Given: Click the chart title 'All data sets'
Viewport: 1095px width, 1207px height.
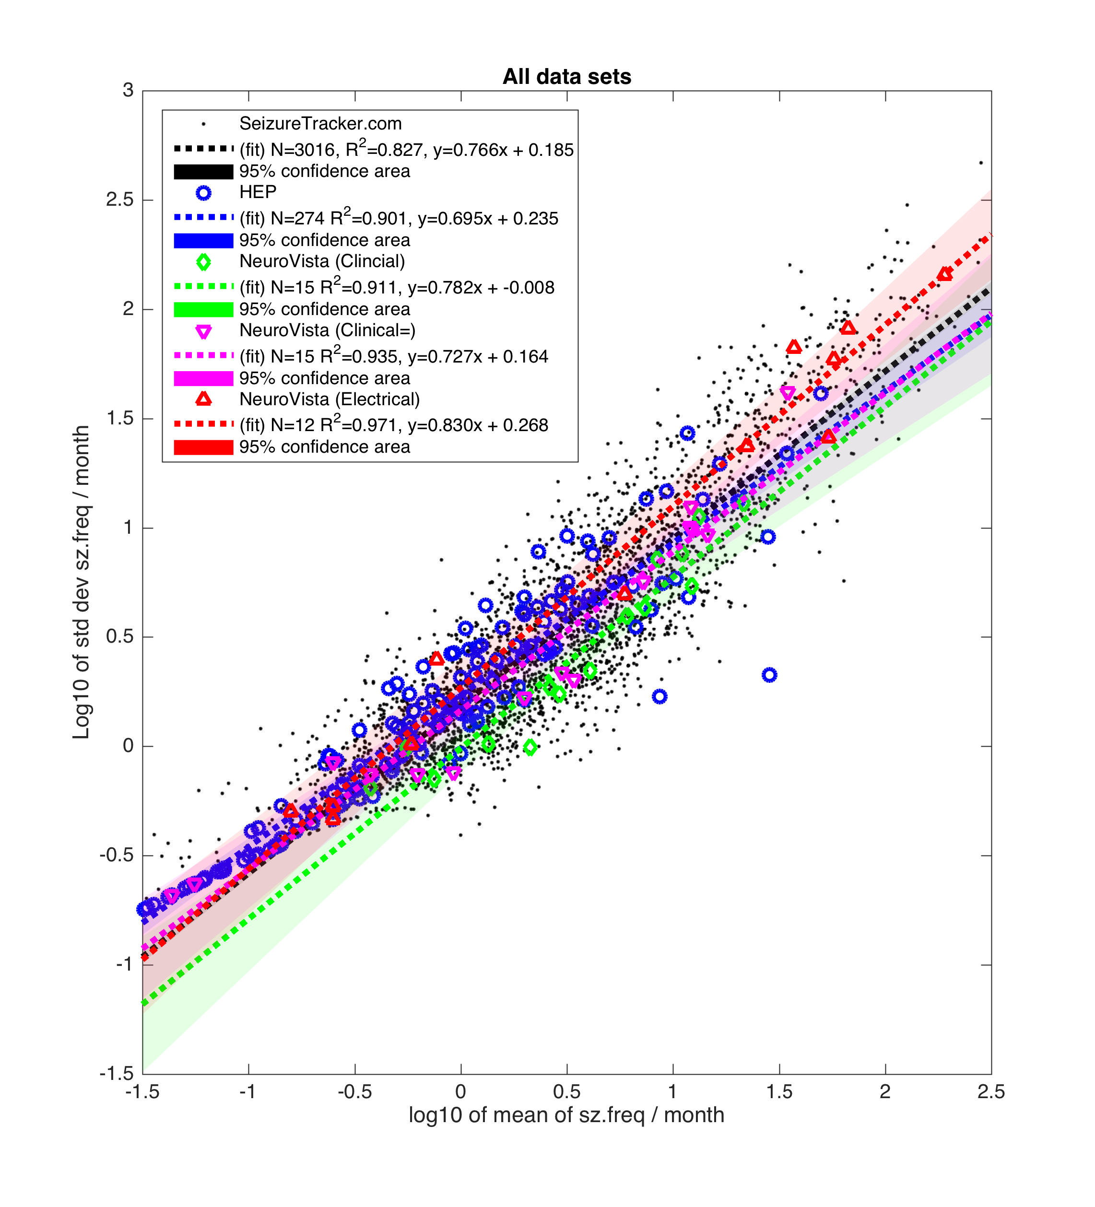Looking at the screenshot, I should point(566,77).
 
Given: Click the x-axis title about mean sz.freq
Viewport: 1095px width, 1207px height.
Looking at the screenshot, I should point(566,1115).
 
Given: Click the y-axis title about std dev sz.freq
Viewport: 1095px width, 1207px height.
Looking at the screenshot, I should point(81,582).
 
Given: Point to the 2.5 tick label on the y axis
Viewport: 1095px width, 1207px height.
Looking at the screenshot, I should point(120,199).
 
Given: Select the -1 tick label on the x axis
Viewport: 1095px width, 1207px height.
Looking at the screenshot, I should point(247,1091).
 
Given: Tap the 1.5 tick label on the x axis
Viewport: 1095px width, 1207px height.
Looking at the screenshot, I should point(779,1091).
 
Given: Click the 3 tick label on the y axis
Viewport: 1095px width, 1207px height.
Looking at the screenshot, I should point(128,91).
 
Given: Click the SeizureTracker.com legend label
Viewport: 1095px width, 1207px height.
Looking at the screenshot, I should point(320,124).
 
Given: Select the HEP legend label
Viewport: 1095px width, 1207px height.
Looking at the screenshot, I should point(258,192).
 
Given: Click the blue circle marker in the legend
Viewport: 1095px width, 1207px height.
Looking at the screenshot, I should point(203,193).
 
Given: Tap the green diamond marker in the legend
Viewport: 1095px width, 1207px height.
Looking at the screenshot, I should point(203,262).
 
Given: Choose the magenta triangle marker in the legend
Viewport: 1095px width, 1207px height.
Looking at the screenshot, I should point(203,332).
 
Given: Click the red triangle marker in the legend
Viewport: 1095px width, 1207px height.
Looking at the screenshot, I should point(203,399).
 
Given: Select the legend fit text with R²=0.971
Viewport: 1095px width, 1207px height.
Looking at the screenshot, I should point(394,425).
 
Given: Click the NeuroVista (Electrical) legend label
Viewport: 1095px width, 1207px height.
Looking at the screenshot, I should point(330,399).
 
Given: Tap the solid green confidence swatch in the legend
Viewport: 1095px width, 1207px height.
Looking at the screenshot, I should point(203,309).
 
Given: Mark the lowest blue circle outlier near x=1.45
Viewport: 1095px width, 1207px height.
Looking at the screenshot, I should point(769,675).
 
